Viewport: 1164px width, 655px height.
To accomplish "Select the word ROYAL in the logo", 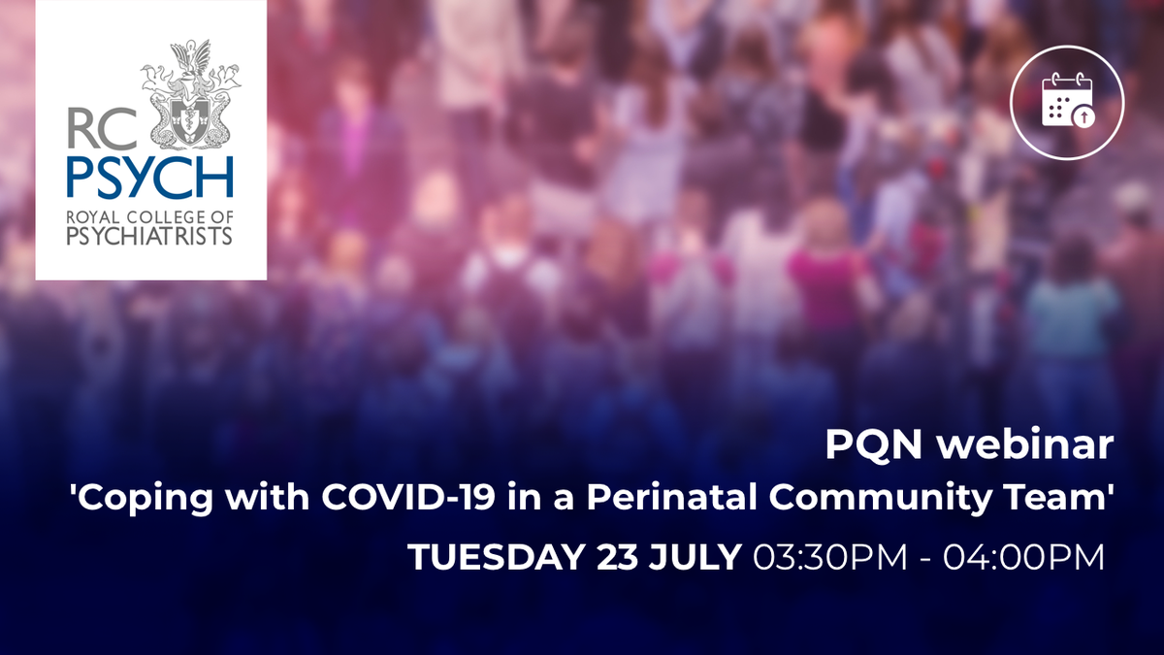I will click(93, 216).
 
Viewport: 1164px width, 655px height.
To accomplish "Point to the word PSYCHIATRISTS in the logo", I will click(149, 237).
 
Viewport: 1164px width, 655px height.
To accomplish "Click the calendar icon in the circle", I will click(1067, 102).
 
